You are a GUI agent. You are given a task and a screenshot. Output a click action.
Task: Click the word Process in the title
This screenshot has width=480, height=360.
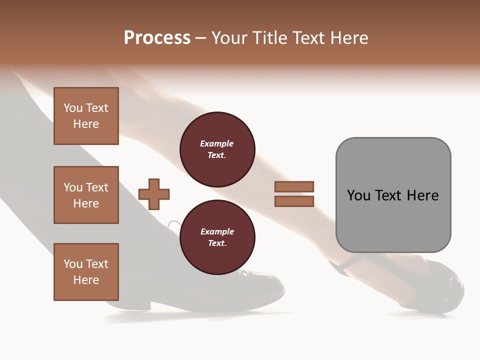[x=157, y=38]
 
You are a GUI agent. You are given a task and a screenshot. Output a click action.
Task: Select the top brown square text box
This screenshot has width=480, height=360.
[x=86, y=116]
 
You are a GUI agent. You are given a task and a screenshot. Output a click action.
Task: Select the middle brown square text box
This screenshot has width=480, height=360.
[x=86, y=195]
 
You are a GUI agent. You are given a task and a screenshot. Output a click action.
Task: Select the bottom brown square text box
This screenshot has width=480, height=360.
[x=86, y=272]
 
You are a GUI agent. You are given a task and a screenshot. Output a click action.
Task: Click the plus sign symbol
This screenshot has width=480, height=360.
[x=154, y=193]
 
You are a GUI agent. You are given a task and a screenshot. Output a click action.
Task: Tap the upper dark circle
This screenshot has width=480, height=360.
[x=217, y=149]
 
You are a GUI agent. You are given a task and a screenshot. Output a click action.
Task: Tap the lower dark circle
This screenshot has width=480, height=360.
[x=217, y=237]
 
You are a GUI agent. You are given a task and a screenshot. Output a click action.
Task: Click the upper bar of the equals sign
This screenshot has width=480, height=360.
[x=294, y=186]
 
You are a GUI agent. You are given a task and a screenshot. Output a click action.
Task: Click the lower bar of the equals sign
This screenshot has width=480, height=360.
[x=294, y=201]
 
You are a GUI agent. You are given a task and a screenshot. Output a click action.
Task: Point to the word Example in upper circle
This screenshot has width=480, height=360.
[x=217, y=143]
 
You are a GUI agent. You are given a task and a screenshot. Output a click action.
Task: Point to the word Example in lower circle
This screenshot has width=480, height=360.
[x=217, y=231]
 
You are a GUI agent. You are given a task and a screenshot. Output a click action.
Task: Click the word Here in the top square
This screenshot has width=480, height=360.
[x=86, y=124]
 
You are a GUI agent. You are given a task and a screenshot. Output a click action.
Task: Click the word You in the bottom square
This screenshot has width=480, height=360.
[x=73, y=264]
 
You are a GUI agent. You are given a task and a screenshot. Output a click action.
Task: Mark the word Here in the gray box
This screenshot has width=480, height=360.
[x=422, y=195]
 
